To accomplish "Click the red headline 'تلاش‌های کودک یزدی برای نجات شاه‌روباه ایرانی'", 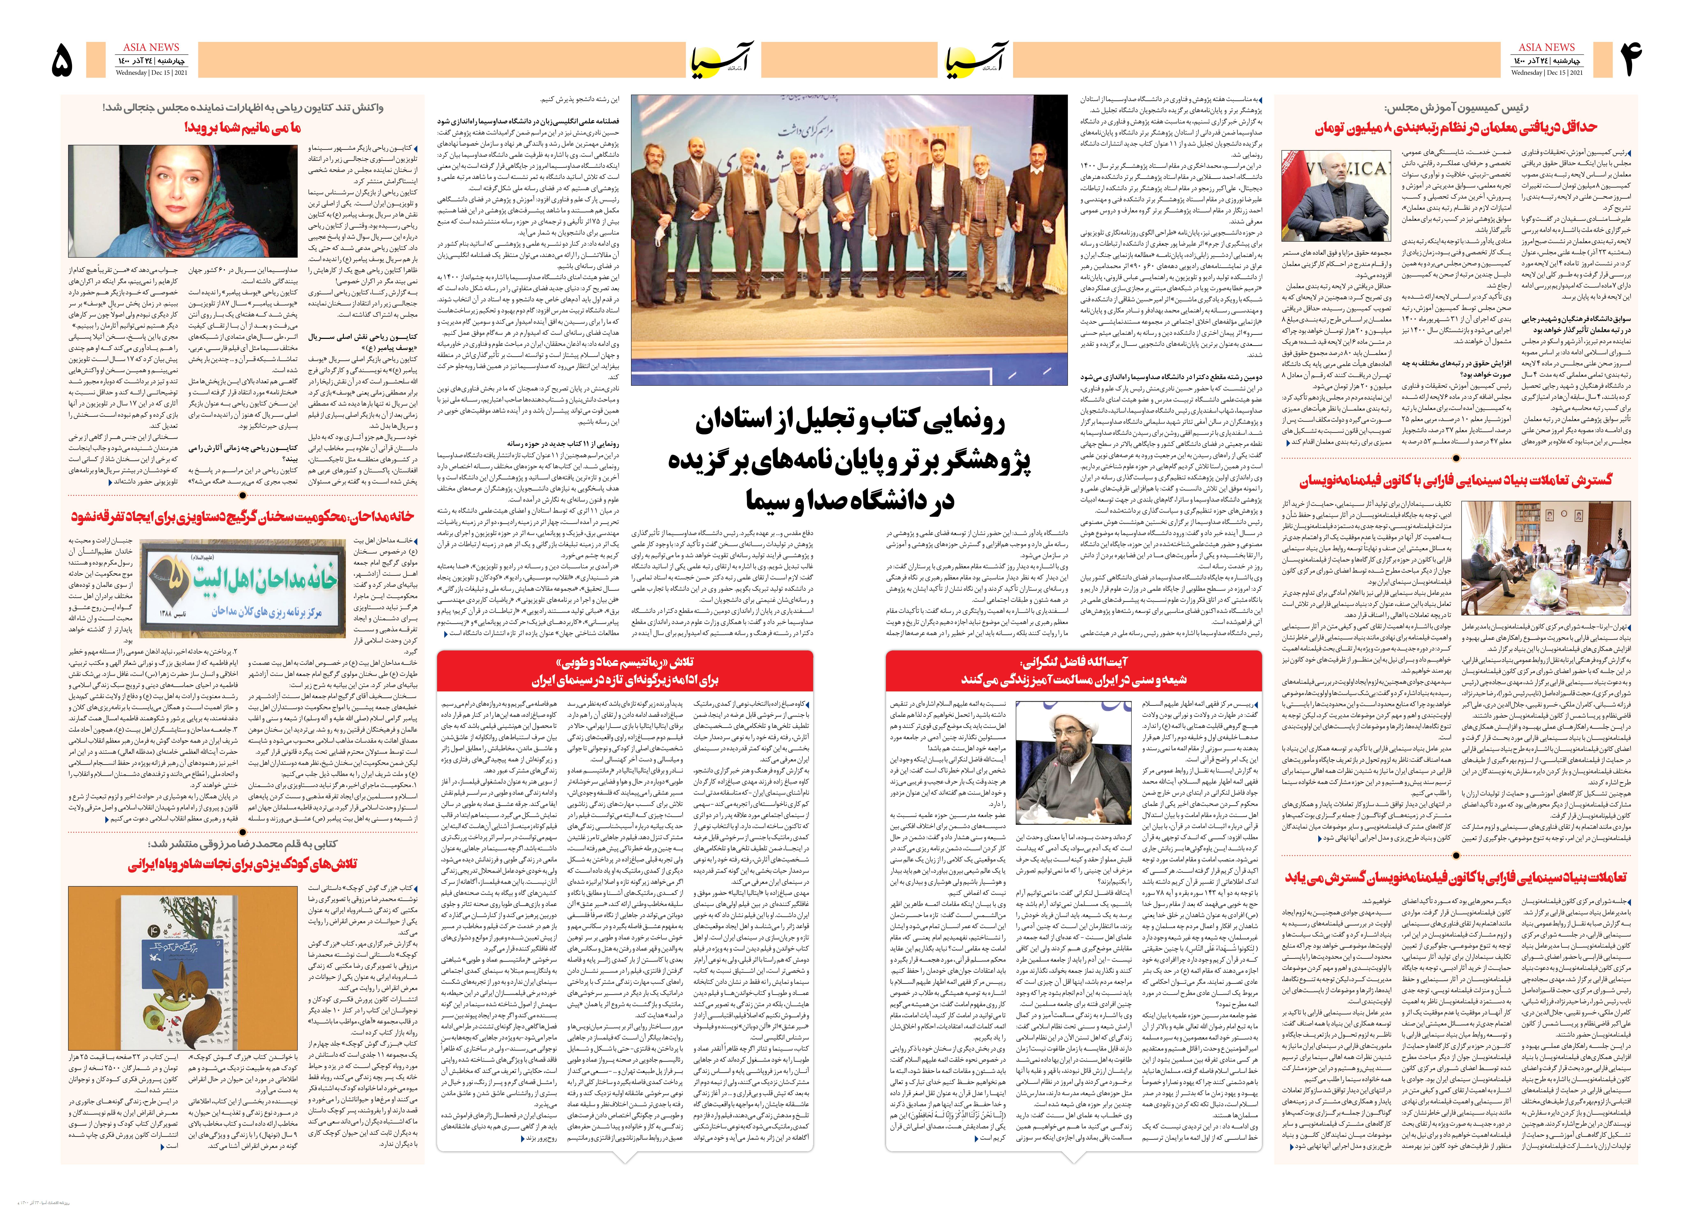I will [243, 865].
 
